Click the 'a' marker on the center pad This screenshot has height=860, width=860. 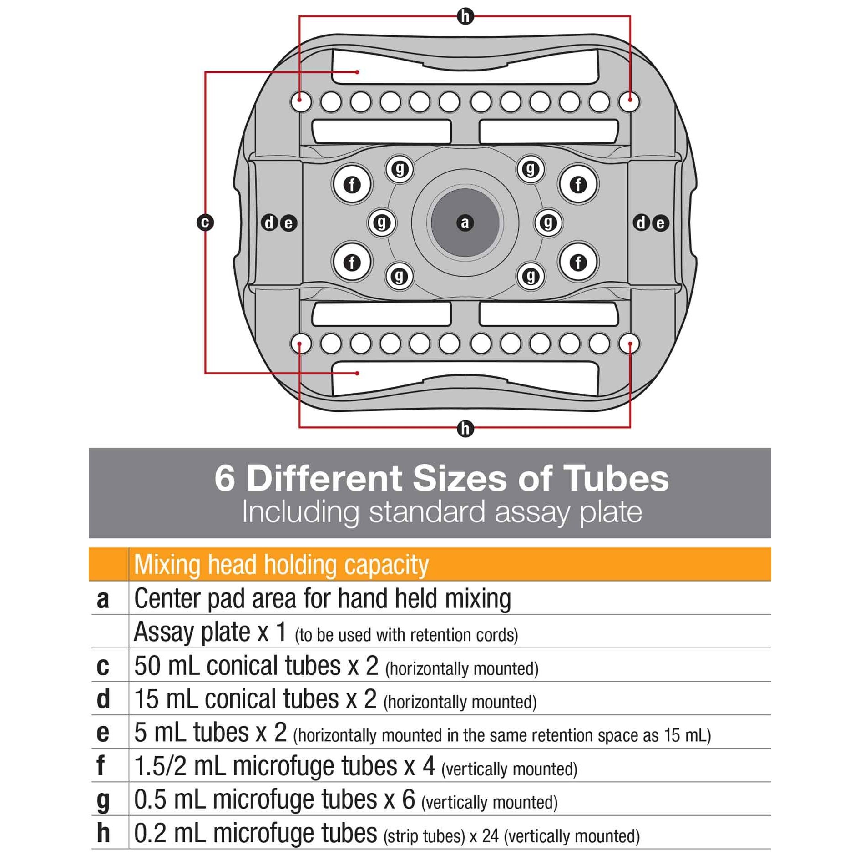tap(465, 223)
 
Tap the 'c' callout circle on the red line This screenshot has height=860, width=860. tap(205, 223)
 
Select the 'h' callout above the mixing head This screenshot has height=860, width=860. tap(465, 17)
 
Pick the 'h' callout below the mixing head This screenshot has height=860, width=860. tap(465, 429)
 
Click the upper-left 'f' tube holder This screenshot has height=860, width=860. tap(352, 185)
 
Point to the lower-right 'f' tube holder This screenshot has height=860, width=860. tap(578, 262)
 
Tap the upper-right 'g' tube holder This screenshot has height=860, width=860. tap(530, 169)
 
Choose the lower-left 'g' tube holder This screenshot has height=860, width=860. tap(399, 276)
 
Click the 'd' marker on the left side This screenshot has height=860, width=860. tap(269, 223)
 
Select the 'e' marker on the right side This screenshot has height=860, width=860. tap(660, 223)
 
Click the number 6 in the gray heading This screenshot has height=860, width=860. tap(225, 479)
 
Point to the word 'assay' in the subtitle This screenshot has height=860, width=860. tap(531, 512)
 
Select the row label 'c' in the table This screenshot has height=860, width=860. tap(103, 667)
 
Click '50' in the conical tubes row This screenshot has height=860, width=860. tap(148, 666)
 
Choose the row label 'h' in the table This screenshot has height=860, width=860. tap(103, 833)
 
